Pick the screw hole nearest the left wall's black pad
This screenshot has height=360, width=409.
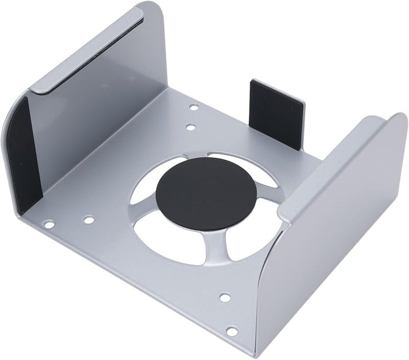click(49, 224)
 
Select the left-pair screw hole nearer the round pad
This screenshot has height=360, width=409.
click(88, 221)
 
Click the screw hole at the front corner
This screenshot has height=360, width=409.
click(232, 332)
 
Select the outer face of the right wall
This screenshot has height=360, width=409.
click(332, 255)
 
